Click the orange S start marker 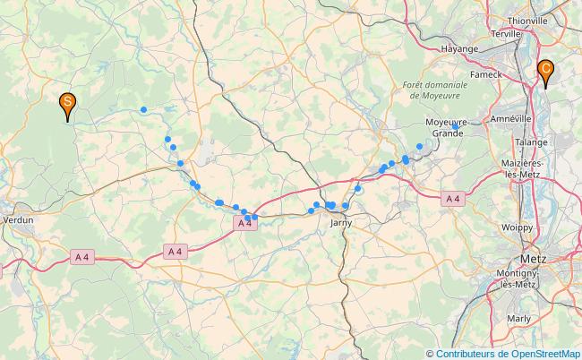click(x=66, y=105)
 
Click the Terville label click(x=506, y=33)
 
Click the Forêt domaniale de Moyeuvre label click(x=437, y=90)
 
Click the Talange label click(x=531, y=141)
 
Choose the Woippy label click(x=517, y=227)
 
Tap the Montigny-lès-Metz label click(x=518, y=278)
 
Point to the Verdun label click(x=18, y=219)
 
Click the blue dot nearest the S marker click(x=143, y=110)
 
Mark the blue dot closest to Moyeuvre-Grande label click(x=419, y=146)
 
